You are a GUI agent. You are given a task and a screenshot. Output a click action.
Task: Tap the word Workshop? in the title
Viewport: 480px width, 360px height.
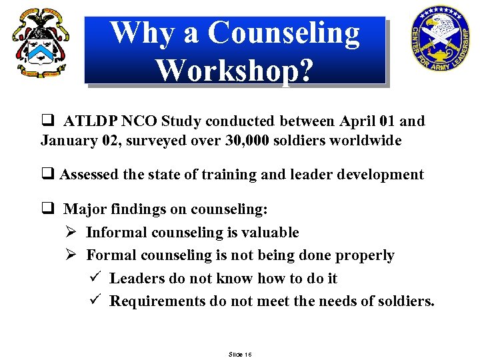coord(234,69)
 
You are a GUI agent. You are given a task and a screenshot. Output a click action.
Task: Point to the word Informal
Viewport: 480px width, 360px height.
coord(117,232)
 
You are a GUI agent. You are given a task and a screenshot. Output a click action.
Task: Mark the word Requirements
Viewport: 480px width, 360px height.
coord(157,301)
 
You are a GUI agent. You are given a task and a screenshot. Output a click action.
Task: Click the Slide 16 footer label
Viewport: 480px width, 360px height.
coord(239,353)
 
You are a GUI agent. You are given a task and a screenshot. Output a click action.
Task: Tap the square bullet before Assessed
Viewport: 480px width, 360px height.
coord(47,175)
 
